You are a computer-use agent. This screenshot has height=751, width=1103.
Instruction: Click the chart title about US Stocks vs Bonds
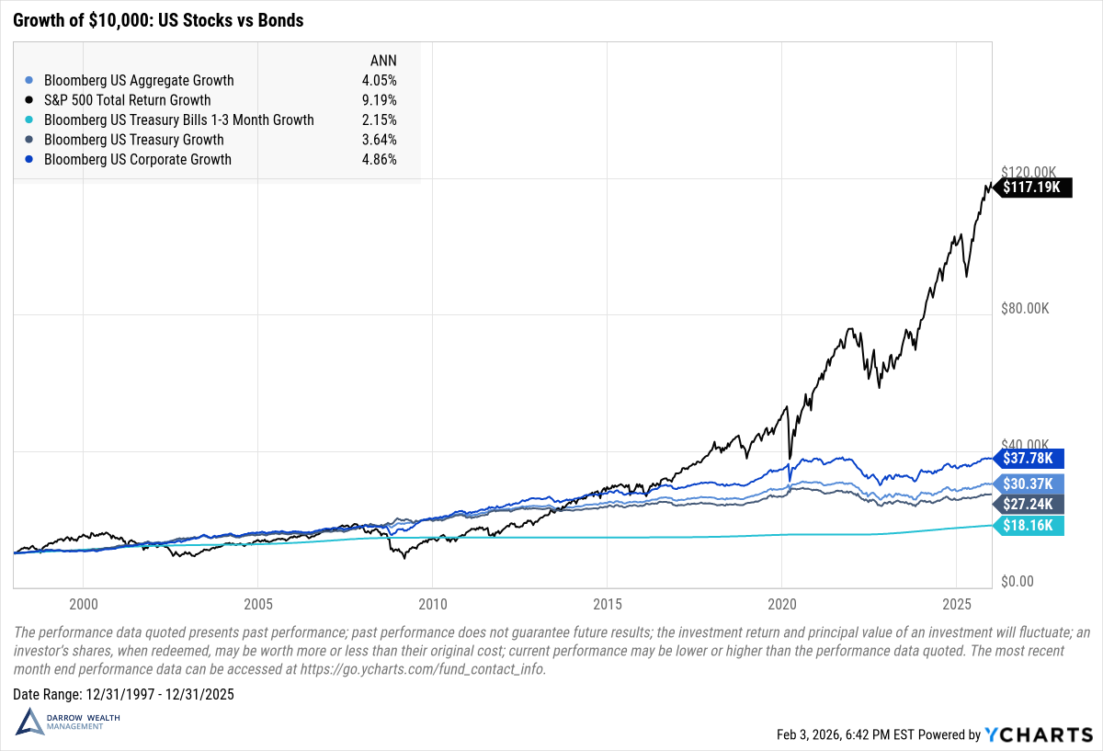(158, 19)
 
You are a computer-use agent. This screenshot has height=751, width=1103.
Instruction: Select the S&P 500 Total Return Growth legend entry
(127, 100)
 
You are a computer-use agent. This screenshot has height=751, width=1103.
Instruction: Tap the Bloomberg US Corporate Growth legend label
(137, 160)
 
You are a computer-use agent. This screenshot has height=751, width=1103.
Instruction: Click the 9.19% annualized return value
(379, 100)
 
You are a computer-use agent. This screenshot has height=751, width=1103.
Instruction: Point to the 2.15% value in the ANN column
(379, 120)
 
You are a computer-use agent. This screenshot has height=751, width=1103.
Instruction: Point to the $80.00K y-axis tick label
(1025, 309)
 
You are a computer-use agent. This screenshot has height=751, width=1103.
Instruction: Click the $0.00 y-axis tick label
(1018, 581)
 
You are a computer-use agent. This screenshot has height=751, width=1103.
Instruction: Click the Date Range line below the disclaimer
(124, 694)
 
